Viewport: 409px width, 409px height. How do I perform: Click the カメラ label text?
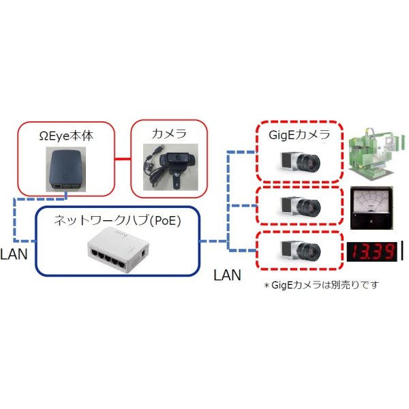(169, 134)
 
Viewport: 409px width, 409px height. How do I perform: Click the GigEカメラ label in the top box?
(301, 134)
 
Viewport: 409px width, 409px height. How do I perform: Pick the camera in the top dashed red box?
(301, 161)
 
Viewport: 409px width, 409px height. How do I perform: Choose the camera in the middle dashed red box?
(301, 204)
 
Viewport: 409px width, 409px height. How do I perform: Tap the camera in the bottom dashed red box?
(301, 251)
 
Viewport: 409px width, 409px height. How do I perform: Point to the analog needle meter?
(372, 206)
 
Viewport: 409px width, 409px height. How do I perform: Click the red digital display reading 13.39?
(372, 252)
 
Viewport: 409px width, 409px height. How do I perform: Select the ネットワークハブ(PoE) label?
(112, 220)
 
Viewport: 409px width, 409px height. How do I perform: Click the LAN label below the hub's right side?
(228, 275)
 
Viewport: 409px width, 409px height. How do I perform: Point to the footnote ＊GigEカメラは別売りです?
(320, 284)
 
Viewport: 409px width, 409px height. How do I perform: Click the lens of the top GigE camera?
(312, 162)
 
